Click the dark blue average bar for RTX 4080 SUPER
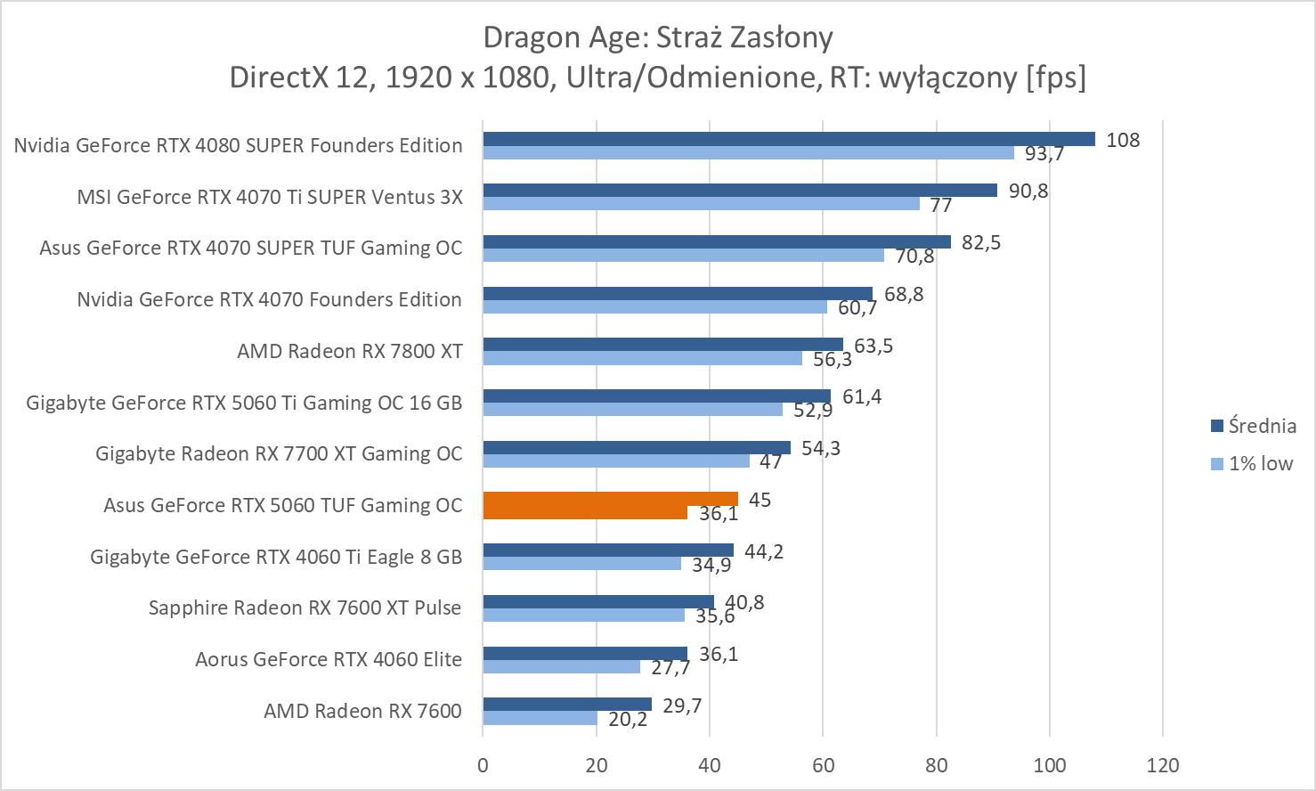tap(788, 139)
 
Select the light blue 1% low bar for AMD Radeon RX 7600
tap(540, 718)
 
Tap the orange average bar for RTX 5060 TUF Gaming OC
tap(610, 499)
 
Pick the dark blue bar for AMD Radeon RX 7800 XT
tap(662, 345)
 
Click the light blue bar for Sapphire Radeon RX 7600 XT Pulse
tap(583, 616)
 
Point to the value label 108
tap(1122, 140)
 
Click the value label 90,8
tap(1028, 191)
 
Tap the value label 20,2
tap(628, 719)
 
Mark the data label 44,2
tap(763, 551)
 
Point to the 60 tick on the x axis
tap(823, 765)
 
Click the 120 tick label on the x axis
tap(1163, 765)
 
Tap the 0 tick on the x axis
tap(483, 765)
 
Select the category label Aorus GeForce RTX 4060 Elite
tap(329, 659)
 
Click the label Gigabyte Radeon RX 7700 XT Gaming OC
tap(279, 453)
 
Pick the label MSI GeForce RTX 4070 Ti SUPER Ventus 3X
tap(270, 197)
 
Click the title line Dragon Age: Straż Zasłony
tap(658, 37)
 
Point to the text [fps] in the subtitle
tap(1056, 77)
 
